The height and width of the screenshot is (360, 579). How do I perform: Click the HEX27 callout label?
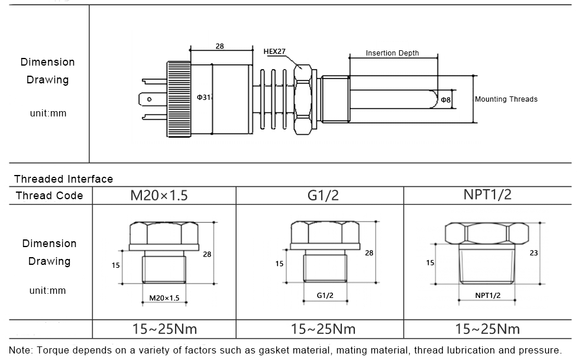click(x=274, y=52)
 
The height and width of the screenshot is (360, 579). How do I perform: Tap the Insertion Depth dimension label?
click(x=392, y=53)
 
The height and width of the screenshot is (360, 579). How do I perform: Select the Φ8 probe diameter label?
click(x=445, y=100)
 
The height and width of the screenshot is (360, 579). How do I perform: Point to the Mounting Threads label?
click(x=506, y=99)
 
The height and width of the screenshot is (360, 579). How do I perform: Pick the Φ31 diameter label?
click(x=204, y=97)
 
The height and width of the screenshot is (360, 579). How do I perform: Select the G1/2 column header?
click(x=324, y=196)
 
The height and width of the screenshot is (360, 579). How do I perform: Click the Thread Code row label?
click(x=49, y=196)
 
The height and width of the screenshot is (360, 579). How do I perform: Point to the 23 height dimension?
click(x=533, y=252)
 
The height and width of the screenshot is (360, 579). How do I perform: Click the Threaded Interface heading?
click(x=63, y=179)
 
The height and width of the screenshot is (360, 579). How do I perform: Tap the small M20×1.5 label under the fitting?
click(x=164, y=298)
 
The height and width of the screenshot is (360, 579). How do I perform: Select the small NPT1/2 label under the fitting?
click(x=488, y=295)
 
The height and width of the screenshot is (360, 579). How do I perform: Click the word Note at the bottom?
click(x=21, y=349)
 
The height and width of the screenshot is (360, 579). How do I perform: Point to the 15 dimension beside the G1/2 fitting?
click(x=279, y=264)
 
